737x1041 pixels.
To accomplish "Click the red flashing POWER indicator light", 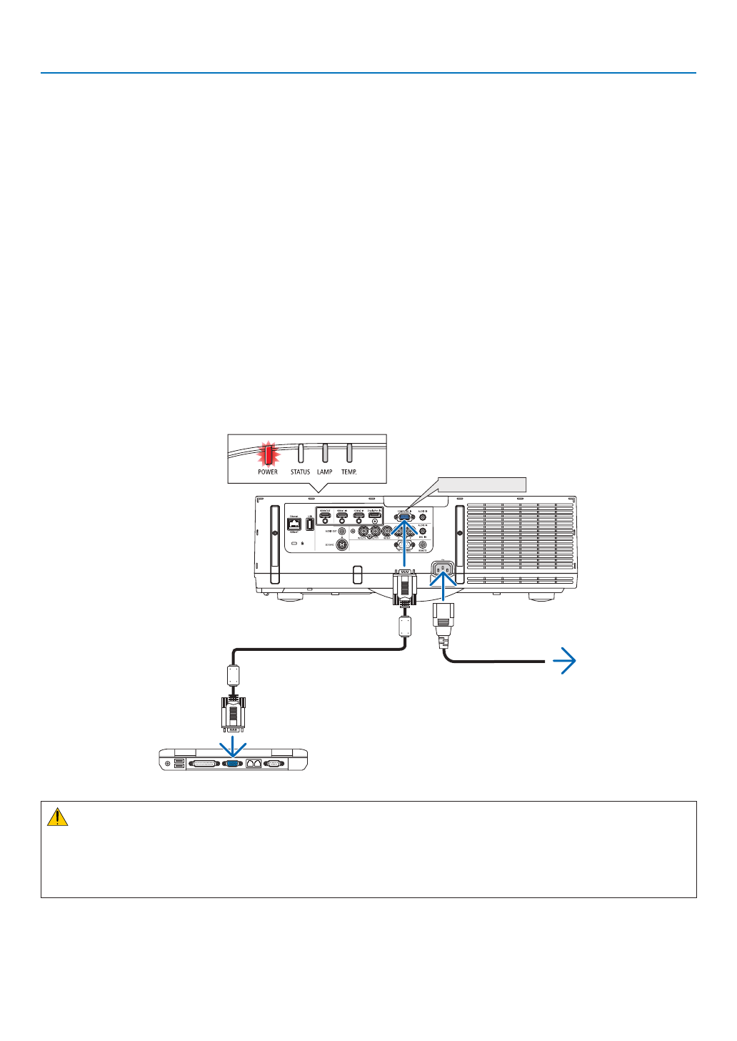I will tap(269, 454).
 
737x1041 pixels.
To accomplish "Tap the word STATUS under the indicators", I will tap(300, 472).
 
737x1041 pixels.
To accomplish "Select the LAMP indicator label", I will tap(325, 472).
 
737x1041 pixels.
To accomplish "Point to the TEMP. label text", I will tap(349, 472).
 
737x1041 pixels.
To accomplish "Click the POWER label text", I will tap(268, 472).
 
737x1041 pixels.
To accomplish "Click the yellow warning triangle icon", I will tap(57, 817).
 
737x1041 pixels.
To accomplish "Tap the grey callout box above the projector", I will tap(481, 484).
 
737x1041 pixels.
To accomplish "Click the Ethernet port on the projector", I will tap(294, 524).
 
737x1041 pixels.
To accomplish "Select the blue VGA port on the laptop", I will tap(233, 763).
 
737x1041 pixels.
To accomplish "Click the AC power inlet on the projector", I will tap(443, 569).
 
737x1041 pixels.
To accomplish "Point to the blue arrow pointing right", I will tap(564, 662).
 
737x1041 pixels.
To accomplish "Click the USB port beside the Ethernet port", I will tap(310, 524).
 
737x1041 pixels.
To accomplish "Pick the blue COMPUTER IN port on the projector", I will tap(403, 516).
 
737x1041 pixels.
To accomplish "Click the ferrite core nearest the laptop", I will tap(233, 675).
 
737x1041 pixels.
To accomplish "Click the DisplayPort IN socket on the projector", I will tap(374, 515).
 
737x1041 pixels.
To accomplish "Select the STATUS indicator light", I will tap(301, 453).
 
